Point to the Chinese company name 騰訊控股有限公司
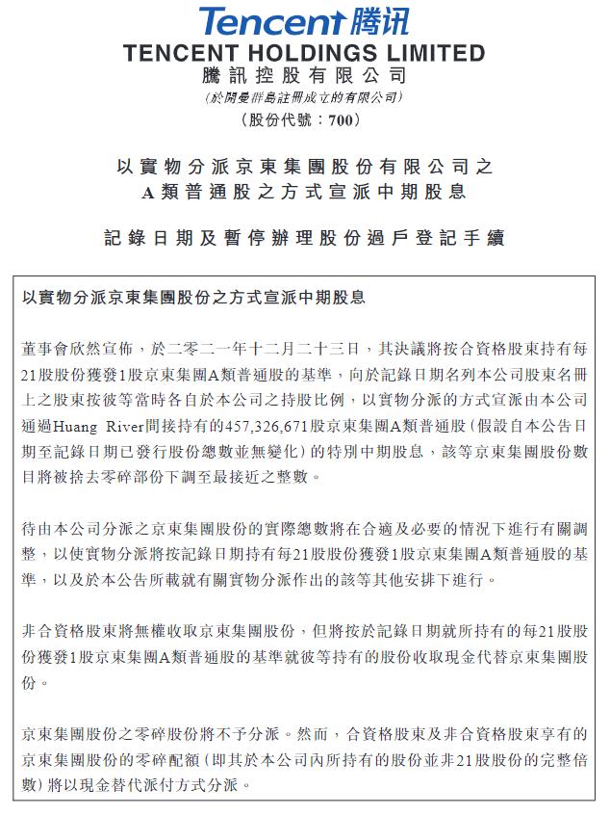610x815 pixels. tap(304, 75)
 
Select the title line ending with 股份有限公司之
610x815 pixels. tap(304, 166)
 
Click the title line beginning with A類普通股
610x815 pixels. tap(304, 192)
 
